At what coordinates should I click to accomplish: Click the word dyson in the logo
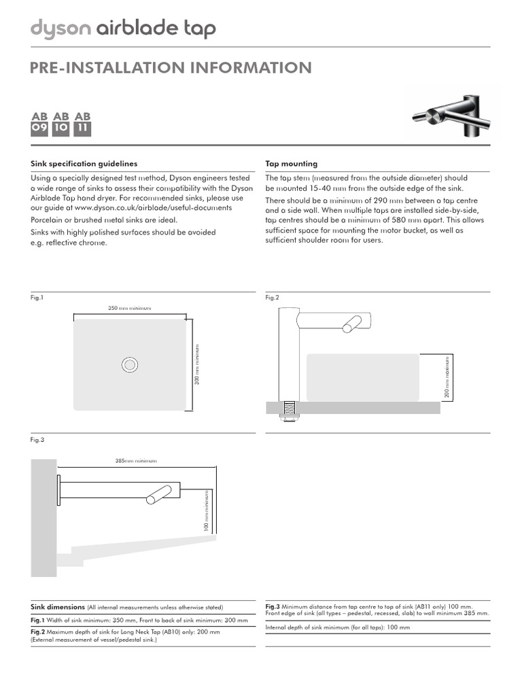point(60,29)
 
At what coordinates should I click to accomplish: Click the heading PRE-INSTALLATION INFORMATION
point(171,67)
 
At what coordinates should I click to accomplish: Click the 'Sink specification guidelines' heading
point(84,164)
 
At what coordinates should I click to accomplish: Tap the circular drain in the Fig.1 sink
point(130,365)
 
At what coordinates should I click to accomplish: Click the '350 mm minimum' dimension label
point(130,308)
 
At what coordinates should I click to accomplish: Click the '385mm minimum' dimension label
point(136,461)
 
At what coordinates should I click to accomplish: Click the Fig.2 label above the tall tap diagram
point(272,298)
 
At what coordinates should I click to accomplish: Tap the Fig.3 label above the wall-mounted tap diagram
point(38,440)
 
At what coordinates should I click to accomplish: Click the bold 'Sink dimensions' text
point(58,607)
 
